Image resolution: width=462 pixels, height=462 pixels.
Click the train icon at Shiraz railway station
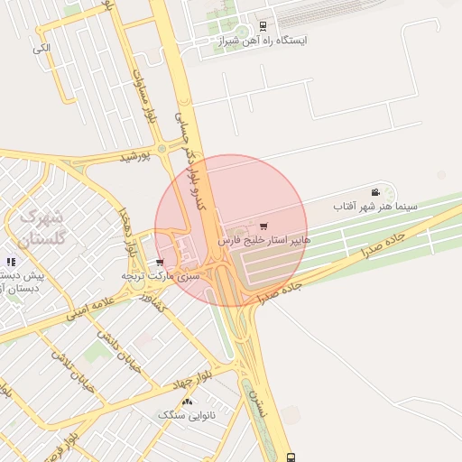(x=263, y=26)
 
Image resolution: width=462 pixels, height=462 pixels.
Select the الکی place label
(x=41, y=47)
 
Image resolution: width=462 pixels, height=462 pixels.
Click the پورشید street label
(x=136, y=157)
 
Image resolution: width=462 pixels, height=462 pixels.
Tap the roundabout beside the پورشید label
(x=162, y=149)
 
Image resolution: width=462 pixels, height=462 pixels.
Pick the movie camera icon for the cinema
(x=375, y=192)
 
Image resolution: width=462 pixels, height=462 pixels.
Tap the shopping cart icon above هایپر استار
(x=263, y=226)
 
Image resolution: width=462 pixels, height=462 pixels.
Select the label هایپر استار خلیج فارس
(x=264, y=241)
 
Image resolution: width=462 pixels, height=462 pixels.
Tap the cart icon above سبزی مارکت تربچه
(x=160, y=262)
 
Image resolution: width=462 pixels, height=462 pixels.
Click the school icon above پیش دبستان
(x=11, y=262)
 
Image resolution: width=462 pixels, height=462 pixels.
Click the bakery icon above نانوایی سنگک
(x=187, y=402)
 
